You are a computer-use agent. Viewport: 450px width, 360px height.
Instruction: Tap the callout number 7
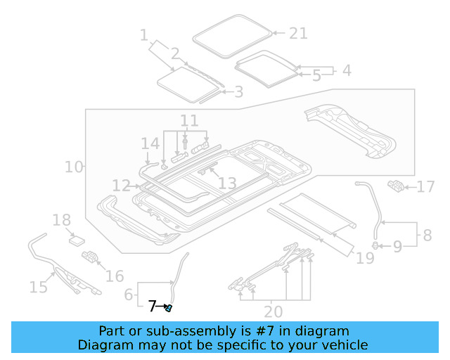click(153, 307)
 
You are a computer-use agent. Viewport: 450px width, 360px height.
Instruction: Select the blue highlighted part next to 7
click(169, 308)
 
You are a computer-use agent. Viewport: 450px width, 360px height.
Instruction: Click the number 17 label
click(426, 187)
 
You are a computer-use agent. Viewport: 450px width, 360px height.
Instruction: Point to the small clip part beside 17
click(396, 186)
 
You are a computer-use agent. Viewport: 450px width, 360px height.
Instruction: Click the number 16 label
click(114, 276)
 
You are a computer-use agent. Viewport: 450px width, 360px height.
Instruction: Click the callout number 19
click(365, 259)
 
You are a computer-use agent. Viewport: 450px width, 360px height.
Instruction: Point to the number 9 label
click(397, 246)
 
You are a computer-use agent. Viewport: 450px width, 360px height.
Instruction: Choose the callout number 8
click(426, 234)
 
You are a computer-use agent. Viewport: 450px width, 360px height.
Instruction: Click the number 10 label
click(74, 167)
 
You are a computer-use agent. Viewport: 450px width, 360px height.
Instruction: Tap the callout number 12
click(121, 185)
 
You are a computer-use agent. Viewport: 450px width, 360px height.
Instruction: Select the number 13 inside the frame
click(227, 183)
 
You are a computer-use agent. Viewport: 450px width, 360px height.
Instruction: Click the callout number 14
click(150, 144)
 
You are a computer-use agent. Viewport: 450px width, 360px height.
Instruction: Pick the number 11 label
click(189, 120)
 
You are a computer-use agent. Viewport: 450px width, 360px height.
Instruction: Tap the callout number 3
click(238, 91)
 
